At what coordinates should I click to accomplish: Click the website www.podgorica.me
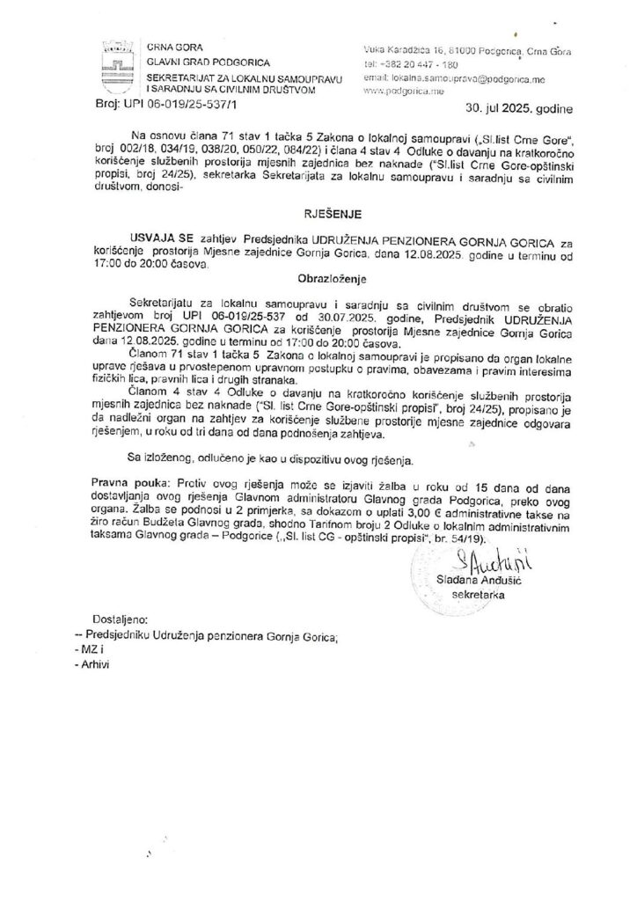click(x=398, y=91)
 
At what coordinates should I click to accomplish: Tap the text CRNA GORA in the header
click(x=172, y=48)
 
